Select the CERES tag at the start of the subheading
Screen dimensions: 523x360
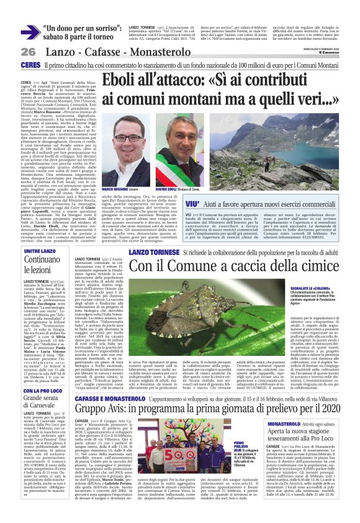point(30,65)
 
